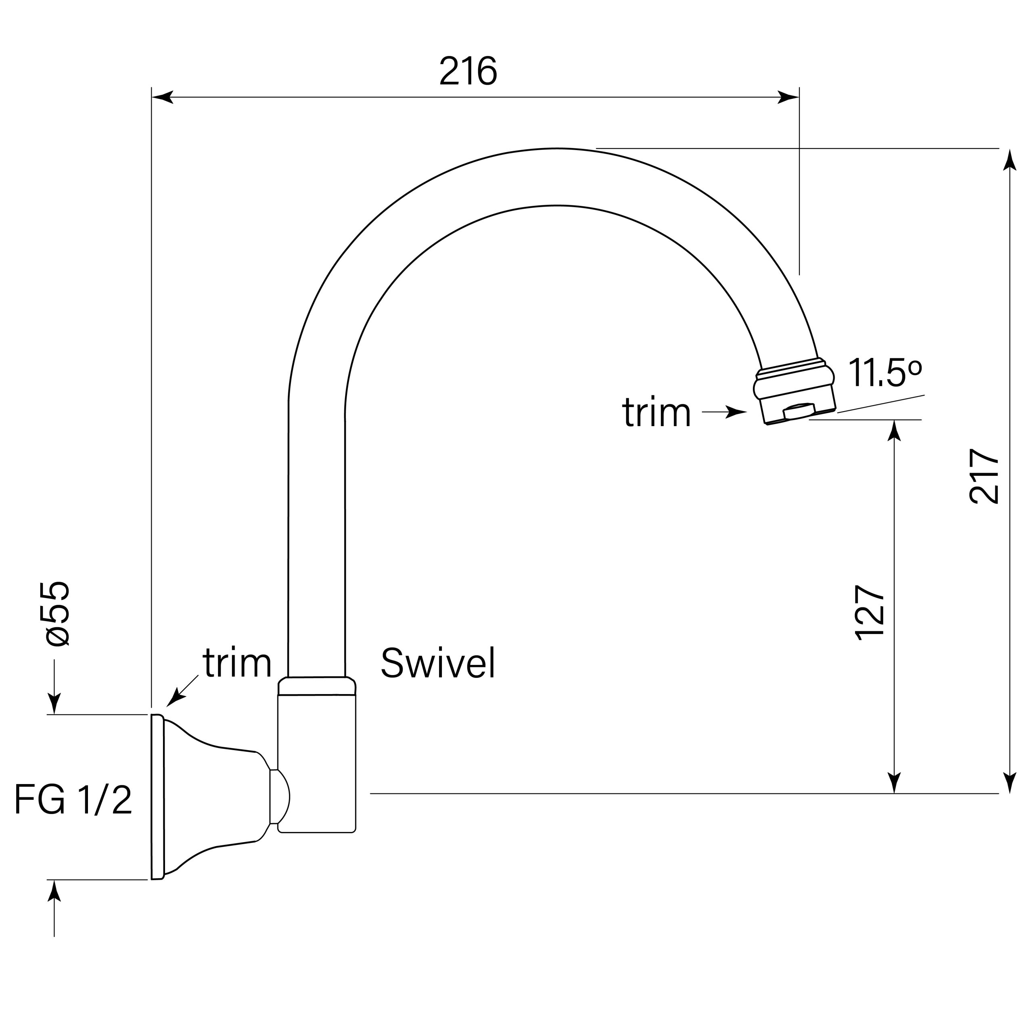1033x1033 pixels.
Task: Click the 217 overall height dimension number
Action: tap(984, 476)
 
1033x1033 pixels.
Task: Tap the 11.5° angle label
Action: tap(885, 373)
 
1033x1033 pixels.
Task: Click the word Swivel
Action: tap(438, 663)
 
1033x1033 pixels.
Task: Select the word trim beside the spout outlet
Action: tap(657, 413)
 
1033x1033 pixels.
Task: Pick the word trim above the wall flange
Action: tap(237, 663)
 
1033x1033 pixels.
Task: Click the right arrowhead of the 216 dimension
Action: tap(788, 97)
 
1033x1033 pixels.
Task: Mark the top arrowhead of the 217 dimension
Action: tap(1010, 161)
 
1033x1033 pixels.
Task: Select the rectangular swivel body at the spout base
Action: tap(316, 759)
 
